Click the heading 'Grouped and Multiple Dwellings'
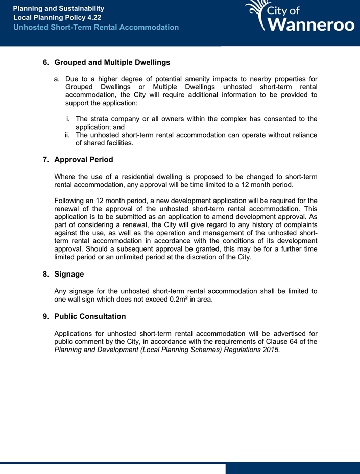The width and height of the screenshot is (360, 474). (112, 63)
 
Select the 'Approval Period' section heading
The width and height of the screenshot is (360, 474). (83, 160)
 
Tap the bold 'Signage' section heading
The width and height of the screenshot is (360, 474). (69, 274)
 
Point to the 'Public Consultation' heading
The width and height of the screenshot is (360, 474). (90, 316)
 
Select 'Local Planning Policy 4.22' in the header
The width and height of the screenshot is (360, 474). (57, 18)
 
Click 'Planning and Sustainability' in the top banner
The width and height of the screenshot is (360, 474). (58, 9)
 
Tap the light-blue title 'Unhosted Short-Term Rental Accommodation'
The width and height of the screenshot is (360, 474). (96, 27)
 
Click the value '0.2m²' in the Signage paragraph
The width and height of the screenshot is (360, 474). (178, 300)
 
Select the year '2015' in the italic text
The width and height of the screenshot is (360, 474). (271, 350)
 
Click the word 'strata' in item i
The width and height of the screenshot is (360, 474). (102, 119)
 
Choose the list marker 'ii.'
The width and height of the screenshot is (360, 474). (67, 135)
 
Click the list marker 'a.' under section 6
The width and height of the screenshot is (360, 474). (57, 79)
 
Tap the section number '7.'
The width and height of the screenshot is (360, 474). (46, 160)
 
